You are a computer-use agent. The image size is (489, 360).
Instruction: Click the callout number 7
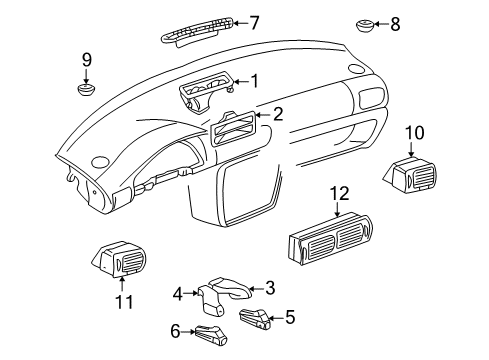point(254,23)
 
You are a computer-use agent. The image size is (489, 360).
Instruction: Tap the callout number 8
point(395,24)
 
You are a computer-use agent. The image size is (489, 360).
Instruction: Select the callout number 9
point(87,60)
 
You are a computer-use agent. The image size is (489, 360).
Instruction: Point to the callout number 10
point(415,133)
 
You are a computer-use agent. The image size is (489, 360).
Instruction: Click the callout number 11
point(124,302)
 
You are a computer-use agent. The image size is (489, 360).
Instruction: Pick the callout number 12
point(340,194)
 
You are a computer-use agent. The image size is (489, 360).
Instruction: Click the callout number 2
point(278,114)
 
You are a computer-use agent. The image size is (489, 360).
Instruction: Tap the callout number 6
point(176,331)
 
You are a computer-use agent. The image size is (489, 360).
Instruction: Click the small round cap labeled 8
point(364,25)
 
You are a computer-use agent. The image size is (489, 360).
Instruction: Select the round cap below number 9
point(86,89)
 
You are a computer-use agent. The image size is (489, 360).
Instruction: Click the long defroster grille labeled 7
point(197,32)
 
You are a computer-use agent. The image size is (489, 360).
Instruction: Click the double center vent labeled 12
point(329,238)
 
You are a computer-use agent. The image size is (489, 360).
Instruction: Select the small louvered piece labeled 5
point(255,319)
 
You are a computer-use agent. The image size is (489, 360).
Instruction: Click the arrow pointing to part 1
point(241,81)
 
